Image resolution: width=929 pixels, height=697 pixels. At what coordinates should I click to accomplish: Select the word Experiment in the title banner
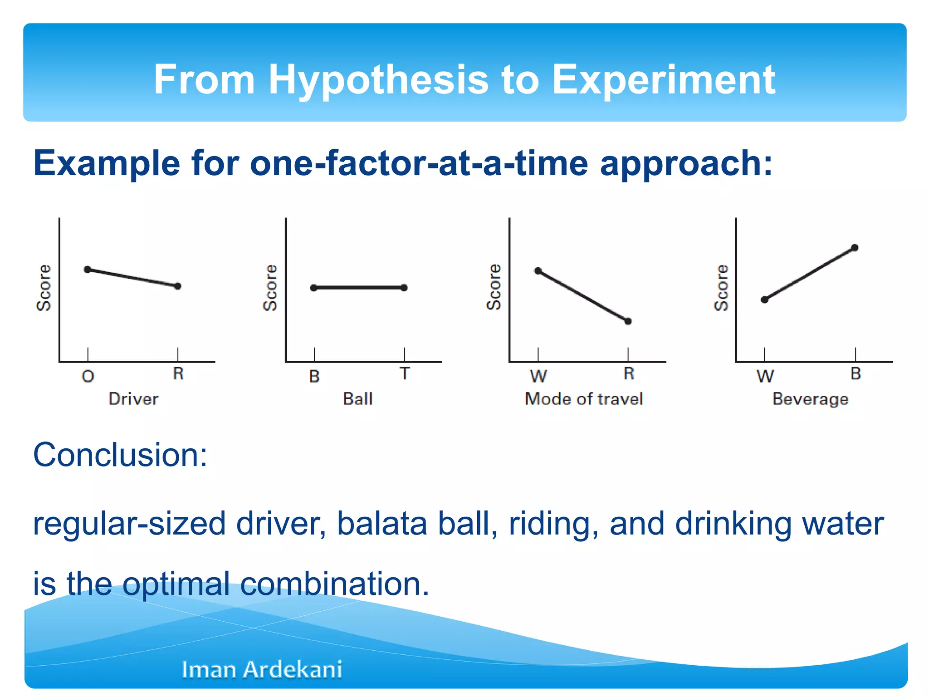tap(663, 80)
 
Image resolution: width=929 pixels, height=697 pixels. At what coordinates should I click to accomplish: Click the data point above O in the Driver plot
tap(88, 270)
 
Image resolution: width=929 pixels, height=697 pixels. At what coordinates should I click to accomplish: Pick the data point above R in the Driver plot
tap(178, 286)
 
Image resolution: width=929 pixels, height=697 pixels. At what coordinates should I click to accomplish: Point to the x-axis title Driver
tap(133, 399)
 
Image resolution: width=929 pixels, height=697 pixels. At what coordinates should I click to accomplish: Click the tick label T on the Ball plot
tap(405, 373)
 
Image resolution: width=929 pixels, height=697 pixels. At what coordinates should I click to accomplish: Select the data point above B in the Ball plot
tap(314, 288)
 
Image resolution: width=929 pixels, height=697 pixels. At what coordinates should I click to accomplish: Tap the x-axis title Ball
tap(358, 399)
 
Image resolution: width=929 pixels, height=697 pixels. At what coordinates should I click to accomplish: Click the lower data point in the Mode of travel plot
tap(628, 321)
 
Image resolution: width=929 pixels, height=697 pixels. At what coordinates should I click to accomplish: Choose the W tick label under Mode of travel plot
tap(538, 376)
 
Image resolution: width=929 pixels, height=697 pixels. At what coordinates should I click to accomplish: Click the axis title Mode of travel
tap(584, 399)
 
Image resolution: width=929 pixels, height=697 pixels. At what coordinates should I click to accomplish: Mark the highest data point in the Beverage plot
tap(855, 248)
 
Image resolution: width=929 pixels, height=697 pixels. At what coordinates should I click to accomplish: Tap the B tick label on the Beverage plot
tap(856, 373)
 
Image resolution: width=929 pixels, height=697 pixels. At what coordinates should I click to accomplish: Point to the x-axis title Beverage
tap(810, 399)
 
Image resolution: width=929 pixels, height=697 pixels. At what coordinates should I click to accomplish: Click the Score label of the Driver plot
tap(44, 288)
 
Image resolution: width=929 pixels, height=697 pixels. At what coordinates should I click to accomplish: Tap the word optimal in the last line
tap(176, 584)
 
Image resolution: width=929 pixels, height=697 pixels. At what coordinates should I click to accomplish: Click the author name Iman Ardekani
tap(262, 669)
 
